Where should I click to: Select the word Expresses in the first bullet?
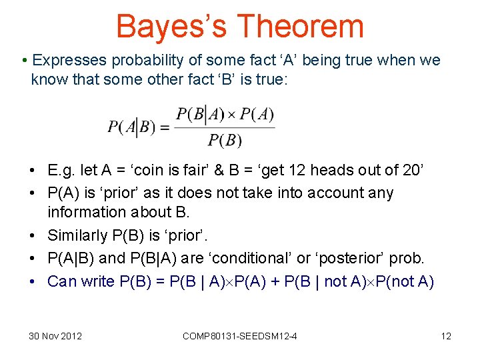pyautogui.click(x=69, y=61)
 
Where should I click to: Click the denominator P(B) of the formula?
pyautogui.click(x=224, y=140)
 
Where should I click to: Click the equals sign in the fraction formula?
pyautogui.click(x=163, y=127)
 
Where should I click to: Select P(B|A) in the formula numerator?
pyautogui.click(x=199, y=115)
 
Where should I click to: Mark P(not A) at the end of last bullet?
pyautogui.click(x=405, y=281)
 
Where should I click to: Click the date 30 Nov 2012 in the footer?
pyautogui.click(x=55, y=336)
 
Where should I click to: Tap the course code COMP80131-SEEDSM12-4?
pyautogui.click(x=240, y=336)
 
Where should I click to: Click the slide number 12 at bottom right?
pyautogui.click(x=446, y=336)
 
